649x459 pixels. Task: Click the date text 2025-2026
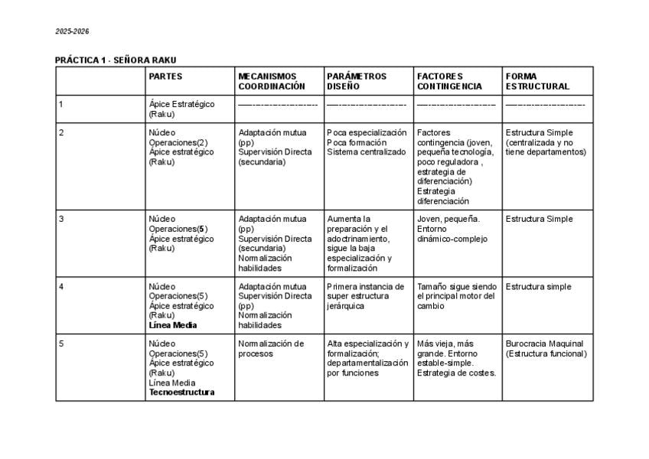point(72,31)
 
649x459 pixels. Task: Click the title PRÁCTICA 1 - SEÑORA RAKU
point(120,60)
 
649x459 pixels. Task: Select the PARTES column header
point(165,76)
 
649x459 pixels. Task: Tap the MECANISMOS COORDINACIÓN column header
point(272,81)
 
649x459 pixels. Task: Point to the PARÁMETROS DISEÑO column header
point(357,81)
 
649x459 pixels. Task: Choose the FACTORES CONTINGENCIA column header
point(449,81)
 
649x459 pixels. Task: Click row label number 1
point(61,104)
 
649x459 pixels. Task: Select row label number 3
point(61,219)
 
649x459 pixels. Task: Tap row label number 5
point(61,343)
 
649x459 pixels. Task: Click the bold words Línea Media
point(173,325)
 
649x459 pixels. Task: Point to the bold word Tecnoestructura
point(181,392)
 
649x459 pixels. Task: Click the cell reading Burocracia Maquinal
point(544,348)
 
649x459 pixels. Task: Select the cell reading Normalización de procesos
point(271,348)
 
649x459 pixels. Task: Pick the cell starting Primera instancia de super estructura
point(365,296)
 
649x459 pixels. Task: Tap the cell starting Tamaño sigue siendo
point(456,296)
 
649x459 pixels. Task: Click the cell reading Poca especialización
point(367,142)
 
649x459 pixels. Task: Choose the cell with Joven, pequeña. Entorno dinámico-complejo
point(448,229)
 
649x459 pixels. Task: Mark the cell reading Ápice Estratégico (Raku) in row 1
point(181,109)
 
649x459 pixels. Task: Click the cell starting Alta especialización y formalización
point(367,358)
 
